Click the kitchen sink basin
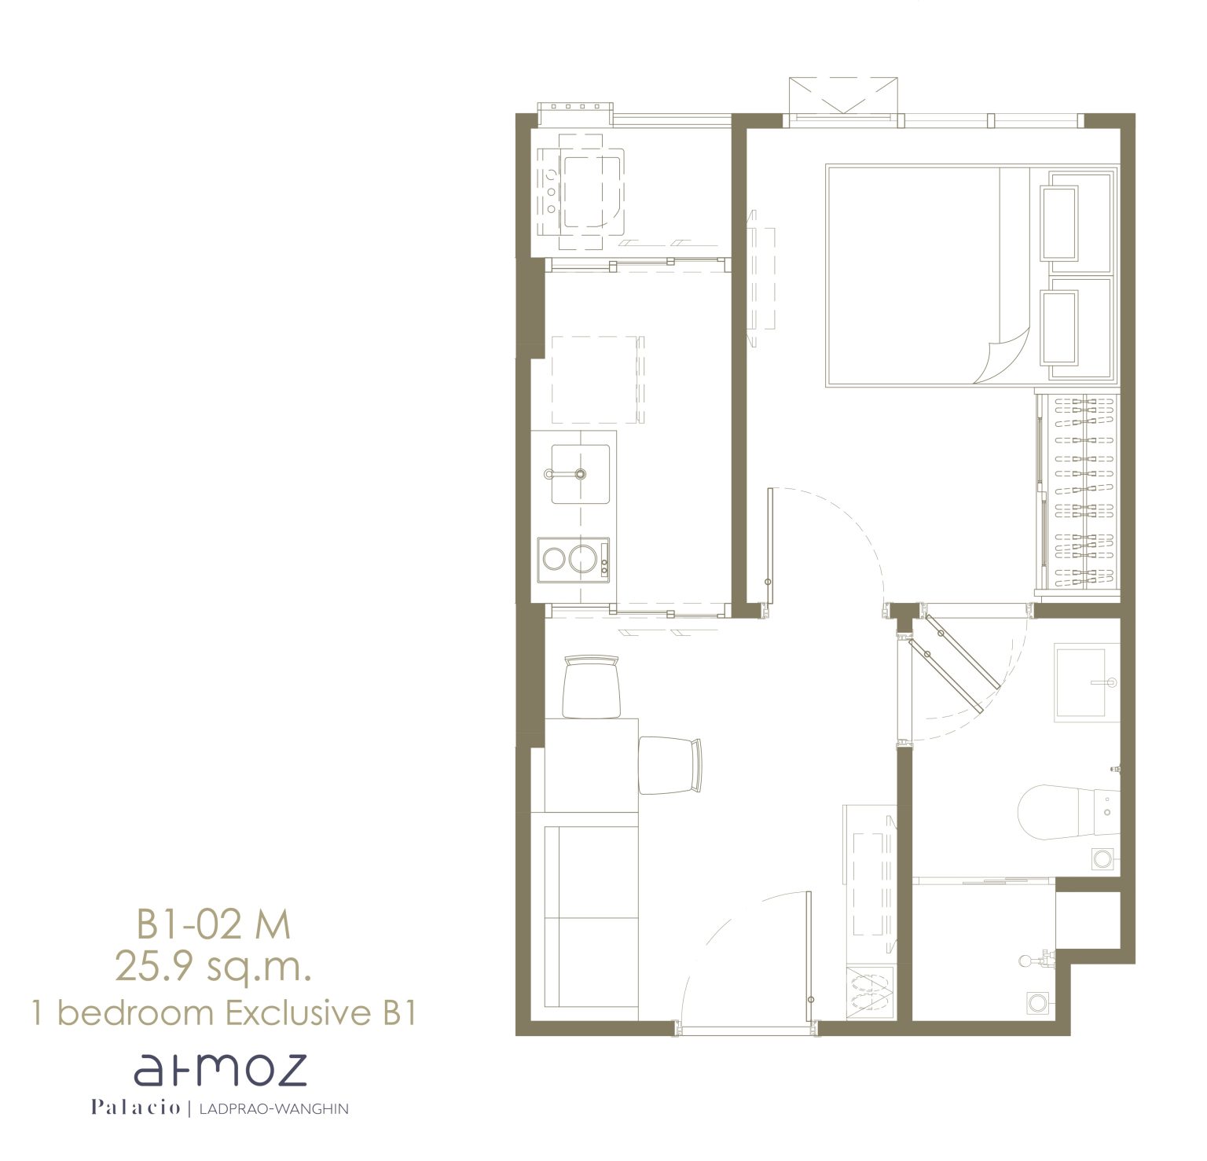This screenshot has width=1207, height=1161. tap(580, 474)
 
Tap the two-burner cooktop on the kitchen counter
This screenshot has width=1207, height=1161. tap(574, 560)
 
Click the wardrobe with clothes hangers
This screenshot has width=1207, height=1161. tap(1077, 491)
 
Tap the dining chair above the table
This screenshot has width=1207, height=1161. tap(592, 686)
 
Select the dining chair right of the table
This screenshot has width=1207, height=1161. tap(670, 765)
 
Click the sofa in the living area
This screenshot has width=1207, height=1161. tap(584, 917)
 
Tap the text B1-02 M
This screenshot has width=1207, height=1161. tap(214, 924)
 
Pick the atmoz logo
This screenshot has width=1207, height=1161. tap(219, 1071)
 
